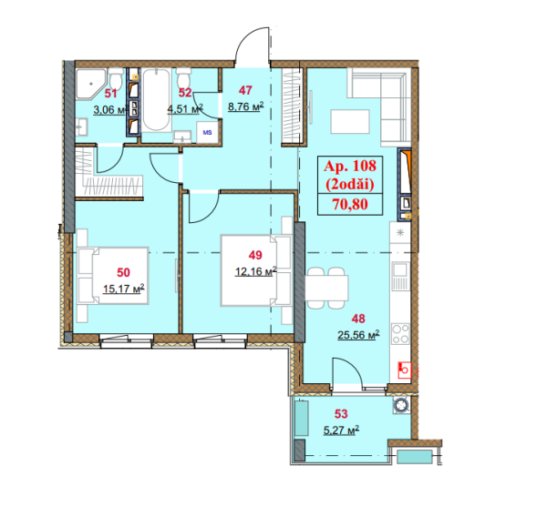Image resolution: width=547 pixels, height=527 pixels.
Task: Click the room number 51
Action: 110,94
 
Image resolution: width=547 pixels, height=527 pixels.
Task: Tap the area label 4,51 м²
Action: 185,109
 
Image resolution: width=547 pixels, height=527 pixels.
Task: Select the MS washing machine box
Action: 207,132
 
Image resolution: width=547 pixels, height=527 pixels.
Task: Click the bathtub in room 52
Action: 156,99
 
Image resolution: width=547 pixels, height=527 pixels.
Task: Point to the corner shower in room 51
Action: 90,84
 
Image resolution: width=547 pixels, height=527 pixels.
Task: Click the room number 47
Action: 245,90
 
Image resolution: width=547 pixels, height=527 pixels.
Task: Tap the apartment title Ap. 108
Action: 350,166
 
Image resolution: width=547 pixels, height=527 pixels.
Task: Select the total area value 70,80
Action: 350,204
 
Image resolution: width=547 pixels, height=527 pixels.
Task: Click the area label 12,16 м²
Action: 255,271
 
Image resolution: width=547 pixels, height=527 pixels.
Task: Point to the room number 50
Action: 123,272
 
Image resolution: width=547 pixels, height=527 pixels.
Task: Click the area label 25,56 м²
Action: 358,335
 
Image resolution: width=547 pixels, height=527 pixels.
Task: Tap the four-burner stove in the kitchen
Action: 400,334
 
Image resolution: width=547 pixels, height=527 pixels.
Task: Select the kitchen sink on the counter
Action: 400,276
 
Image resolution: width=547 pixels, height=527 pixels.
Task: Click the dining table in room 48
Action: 326,288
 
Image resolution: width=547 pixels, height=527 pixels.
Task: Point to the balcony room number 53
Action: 341,414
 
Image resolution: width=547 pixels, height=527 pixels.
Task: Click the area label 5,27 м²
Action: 341,431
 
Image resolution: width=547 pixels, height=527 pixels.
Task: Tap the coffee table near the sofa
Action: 350,122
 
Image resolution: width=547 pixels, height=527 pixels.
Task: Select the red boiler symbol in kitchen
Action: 405,370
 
